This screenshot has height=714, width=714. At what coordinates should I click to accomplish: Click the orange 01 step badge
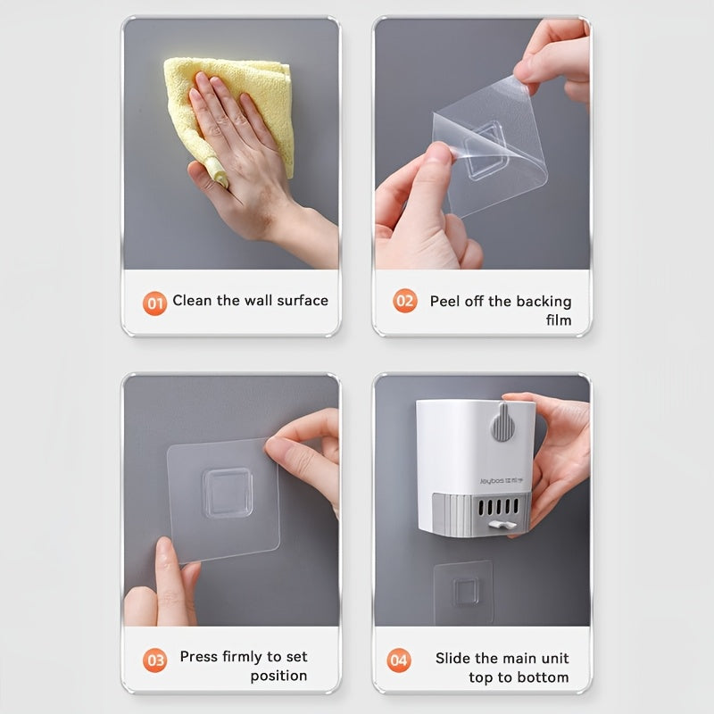[x=154, y=303]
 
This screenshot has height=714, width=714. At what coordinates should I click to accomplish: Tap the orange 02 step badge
[x=405, y=301]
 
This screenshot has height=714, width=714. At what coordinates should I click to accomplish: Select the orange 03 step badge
[x=154, y=660]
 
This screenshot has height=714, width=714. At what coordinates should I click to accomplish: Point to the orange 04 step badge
[x=399, y=660]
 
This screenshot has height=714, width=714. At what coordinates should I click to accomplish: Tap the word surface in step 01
[x=303, y=301]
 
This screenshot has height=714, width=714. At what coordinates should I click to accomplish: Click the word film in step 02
[x=559, y=320]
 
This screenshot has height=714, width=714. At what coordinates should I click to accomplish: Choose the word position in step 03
[x=278, y=677]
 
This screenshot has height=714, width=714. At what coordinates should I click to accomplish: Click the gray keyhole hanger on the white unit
[x=502, y=422]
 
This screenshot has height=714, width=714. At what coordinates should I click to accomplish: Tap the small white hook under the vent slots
[x=502, y=525]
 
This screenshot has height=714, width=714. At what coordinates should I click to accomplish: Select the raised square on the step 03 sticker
[x=228, y=493]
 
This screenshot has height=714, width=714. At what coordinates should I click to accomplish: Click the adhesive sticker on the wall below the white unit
[x=464, y=593]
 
